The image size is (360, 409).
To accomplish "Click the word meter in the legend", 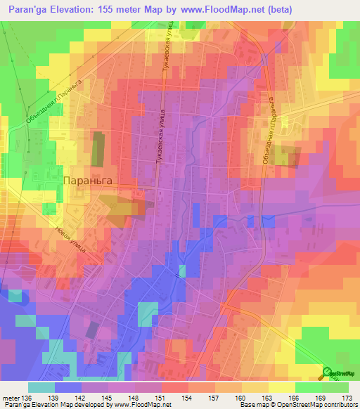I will (11, 398).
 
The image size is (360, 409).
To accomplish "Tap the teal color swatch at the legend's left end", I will (41, 387).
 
